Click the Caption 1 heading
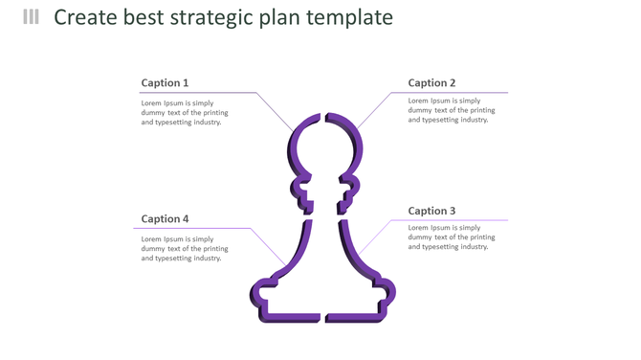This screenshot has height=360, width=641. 165,83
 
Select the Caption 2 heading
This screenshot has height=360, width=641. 431,83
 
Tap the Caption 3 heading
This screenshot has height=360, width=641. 431,211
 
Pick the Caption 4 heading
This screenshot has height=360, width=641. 165,219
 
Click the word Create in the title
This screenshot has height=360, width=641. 87,17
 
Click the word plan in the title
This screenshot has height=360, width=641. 293,17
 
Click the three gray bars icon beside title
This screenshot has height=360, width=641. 32,16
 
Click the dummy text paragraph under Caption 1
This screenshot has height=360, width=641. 185,112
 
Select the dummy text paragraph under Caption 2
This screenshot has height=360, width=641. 452,110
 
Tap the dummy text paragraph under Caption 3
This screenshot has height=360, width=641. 452,237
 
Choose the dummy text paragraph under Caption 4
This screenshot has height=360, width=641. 185,249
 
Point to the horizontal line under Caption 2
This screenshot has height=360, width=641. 450,93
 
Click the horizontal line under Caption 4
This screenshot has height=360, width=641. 191,229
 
